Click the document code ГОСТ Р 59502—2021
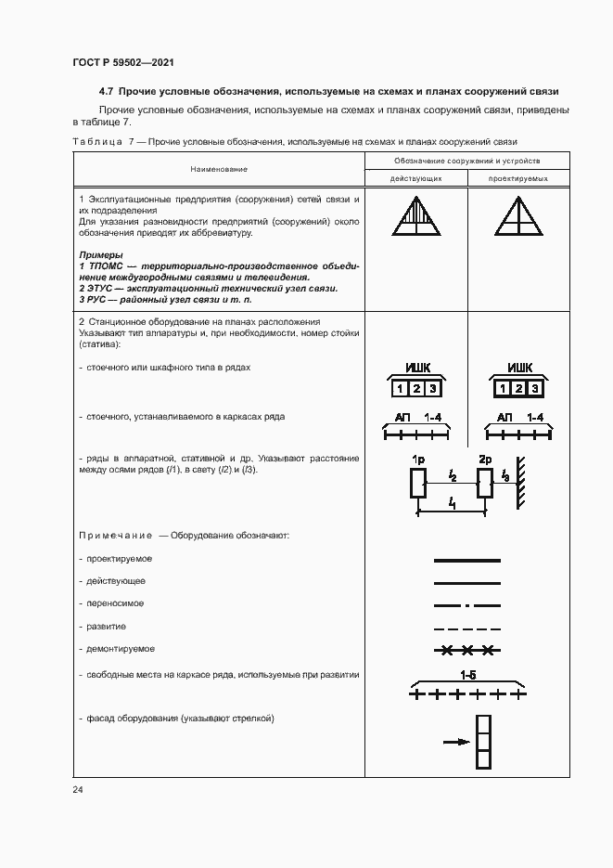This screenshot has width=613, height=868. coord(122,62)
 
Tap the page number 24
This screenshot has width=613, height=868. coord(78,789)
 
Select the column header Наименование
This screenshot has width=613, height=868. coord(219,169)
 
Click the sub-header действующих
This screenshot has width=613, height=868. coord(415,177)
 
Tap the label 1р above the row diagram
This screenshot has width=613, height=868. coord(418,460)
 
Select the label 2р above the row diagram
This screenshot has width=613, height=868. coord(485,460)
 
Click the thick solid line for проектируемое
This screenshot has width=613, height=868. coord(467,561)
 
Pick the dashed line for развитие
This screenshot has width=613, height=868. coord(467,627)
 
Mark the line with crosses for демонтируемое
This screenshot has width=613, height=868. coord(467,649)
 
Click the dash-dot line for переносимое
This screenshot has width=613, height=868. coord(467,604)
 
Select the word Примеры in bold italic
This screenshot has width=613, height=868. coord(100,254)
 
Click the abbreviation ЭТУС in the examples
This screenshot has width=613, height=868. coord(103,289)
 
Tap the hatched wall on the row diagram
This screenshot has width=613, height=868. coord(522,482)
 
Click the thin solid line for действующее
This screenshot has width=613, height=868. coord(467,583)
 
